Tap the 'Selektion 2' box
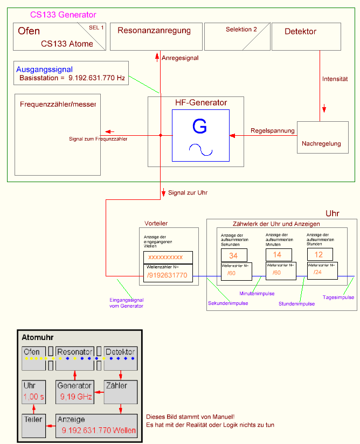pyautogui.click(x=237, y=37)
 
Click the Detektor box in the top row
pyautogui.click(x=307, y=37)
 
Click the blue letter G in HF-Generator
pyautogui.click(x=199, y=127)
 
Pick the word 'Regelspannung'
pyautogui.click(x=273, y=131)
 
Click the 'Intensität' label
pyautogui.click(x=335, y=79)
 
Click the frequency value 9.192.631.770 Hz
pyautogui.click(x=96, y=79)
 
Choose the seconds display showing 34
pyautogui.click(x=233, y=255)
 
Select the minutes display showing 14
pyautogui.click(x=278, y=255)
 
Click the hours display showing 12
pyautogui.click(x=319, y=255)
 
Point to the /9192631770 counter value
pyautogui.click(x=167, y=276)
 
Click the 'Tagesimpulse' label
pyautogui.click(x=338, y=297)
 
